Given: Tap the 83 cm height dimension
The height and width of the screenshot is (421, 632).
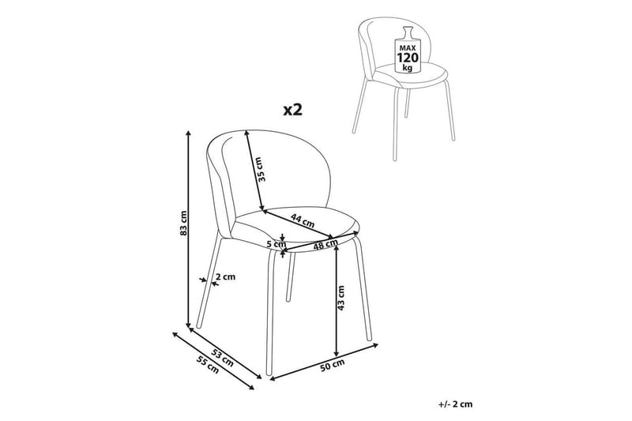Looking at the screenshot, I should (x=182, y=226).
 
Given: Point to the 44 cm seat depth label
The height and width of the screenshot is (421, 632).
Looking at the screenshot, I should (x=300, y=222).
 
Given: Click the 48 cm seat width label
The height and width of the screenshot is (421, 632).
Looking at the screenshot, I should (x=321, y=246).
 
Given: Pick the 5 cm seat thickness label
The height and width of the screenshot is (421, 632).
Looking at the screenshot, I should (x=274, y=244).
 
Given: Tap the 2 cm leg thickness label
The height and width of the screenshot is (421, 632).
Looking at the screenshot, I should (x=224, y=277).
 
